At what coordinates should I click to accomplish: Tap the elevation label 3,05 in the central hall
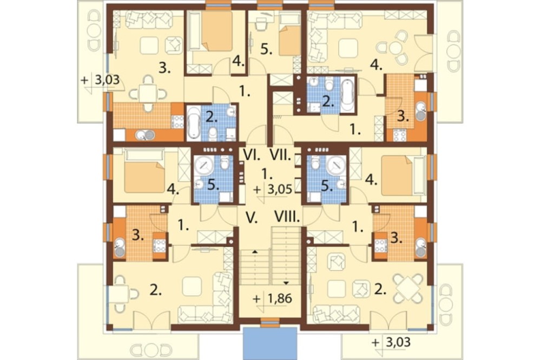tap(280, 189)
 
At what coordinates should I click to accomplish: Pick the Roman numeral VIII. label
tap(287, 217)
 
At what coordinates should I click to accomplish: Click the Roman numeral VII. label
tap(280, 156)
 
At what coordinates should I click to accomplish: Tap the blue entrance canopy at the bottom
tap(270, 343)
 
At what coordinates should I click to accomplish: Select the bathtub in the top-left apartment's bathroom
tap(194, 123)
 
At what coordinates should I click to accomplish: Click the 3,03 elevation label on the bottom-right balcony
tap(398, 342)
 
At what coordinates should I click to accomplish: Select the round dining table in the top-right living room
tap(396, 48)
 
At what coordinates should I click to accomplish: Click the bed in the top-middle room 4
tap(217, 31)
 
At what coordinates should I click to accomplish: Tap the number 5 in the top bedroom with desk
tap(266, 49)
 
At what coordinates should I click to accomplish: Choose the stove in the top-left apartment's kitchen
tap(177, 122)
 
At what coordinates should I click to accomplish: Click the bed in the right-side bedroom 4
tap(397, 175)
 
